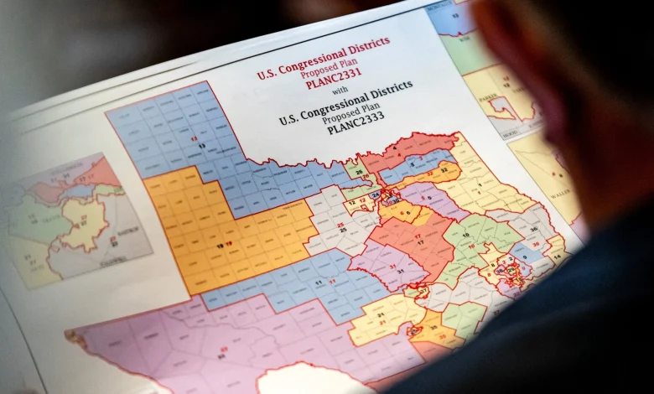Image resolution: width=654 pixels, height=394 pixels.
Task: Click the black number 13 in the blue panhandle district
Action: coord(202,146)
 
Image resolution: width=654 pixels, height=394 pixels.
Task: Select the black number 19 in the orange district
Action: coord(220,246)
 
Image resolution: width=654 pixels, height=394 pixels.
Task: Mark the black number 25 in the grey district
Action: coord(341,230)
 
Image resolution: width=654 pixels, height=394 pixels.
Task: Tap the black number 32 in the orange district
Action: coord(444,170)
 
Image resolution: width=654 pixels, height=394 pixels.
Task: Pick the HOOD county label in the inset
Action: coord(503,122)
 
